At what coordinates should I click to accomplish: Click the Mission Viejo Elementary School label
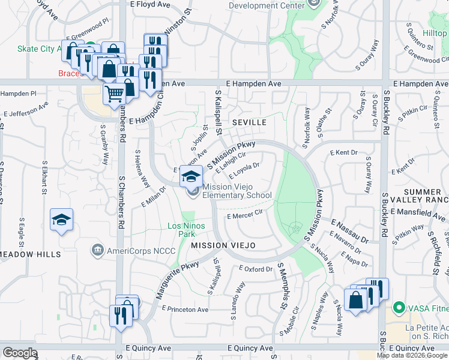coord(237,191)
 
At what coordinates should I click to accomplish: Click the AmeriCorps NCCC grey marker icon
coord(97,250)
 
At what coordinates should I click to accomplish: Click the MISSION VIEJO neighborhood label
coord(223,245)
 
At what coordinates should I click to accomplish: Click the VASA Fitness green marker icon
coord(397,308)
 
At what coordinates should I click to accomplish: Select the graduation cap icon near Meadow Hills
coord(61,220)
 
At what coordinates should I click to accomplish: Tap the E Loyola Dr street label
coord(243,170)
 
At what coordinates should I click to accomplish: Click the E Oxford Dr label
coord(255,269)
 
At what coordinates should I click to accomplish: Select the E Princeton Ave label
coord(184,309)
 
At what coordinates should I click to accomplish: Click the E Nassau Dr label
coord(349,230)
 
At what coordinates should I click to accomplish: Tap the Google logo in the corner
coord(20,353)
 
